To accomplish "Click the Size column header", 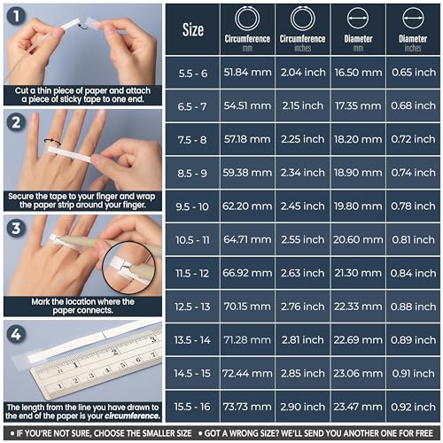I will pyautogui.click(x=192, y=30).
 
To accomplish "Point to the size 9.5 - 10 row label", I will pyautogui.click(x=192, y=207).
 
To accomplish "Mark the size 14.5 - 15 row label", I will pyautogui.click(x=192, y=373).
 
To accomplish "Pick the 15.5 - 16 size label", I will pyautogui.click(x=192, y=406).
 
